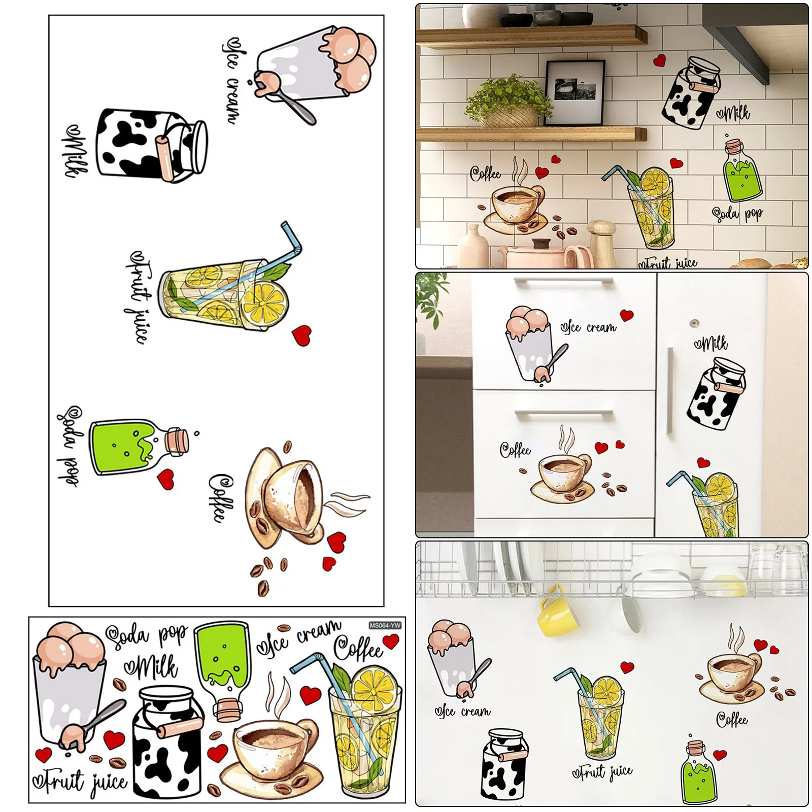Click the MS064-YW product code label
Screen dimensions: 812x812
tap(385, 625)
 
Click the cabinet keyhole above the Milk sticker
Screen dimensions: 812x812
tap(694, 323)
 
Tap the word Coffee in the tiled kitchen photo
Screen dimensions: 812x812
tap(485, 174)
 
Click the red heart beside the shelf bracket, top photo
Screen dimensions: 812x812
tap(659, 61)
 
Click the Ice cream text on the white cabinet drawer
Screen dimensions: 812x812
tap(589, 327)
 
